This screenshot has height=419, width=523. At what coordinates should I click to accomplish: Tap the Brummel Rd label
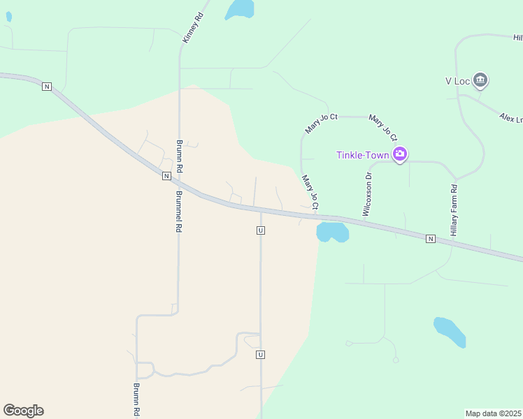[179, 212]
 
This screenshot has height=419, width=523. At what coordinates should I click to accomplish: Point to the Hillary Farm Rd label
[454, 209]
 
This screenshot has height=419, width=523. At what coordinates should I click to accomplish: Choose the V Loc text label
[457, 80]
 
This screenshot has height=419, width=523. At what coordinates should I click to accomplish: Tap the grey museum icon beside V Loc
[480, 80]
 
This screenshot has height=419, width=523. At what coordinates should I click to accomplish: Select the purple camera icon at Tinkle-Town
[400, 154]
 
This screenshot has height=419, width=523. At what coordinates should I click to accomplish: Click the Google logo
[23, 411]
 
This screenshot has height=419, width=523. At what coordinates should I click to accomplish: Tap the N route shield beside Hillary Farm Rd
[430, 239]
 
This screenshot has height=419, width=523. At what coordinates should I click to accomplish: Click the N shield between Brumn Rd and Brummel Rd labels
[166, 176]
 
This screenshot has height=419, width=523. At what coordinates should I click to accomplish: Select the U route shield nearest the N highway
[260, 230]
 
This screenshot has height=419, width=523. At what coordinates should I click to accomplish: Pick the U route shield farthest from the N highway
[260, 355]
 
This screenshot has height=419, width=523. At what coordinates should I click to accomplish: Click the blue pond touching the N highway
[332, 232]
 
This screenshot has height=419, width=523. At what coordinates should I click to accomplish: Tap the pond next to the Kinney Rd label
[239, 8]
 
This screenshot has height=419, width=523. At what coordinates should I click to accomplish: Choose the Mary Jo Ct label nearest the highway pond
[310, 192]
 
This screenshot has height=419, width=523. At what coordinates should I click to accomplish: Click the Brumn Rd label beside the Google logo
[137, 399]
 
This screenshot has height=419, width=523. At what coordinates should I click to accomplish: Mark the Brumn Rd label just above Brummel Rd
[179, 155]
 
